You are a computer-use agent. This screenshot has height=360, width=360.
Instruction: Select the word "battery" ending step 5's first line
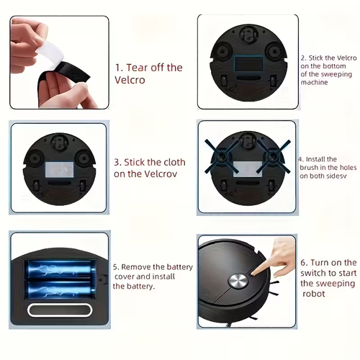pyautogui.click(x=177, y=267)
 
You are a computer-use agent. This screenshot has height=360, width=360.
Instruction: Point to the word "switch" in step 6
pyautogui.click(x=315, y=274)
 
